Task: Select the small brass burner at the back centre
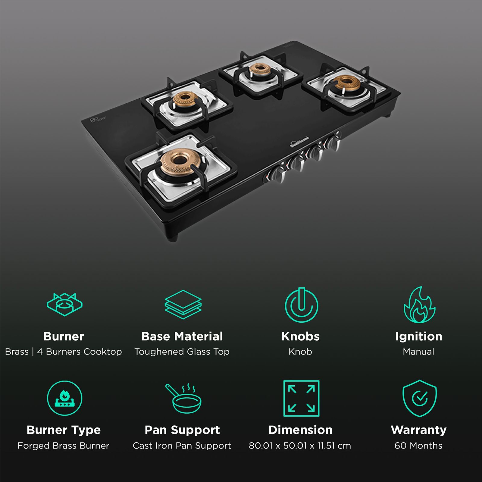(259, 70)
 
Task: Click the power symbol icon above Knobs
(301, 305)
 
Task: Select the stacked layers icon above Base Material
(183, 304)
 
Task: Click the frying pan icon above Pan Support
(183, 398)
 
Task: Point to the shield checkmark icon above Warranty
(419, 398)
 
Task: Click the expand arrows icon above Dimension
(301, 398)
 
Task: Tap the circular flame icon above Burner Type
(64, 398)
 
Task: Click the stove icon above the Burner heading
(64, 304)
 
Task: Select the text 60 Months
(418, 446)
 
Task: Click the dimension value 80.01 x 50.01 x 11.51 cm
(300, 446)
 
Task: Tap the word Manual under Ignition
(418, 352)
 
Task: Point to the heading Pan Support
(182, 430)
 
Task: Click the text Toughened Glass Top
(182, 352)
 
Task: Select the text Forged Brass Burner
(63, 446)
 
